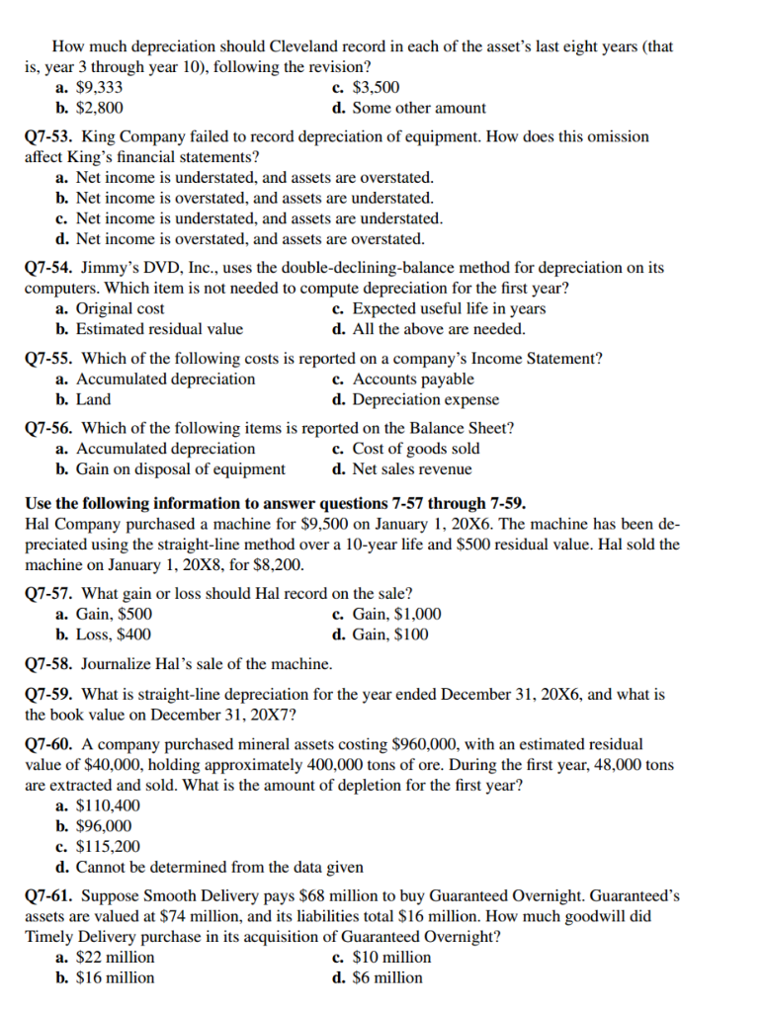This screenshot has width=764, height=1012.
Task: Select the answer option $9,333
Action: coord(99,87)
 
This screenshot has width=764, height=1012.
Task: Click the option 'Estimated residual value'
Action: coord(159,329)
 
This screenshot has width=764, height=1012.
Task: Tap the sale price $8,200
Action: coord(280,565)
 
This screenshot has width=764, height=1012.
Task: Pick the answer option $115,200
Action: coord(107,846)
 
